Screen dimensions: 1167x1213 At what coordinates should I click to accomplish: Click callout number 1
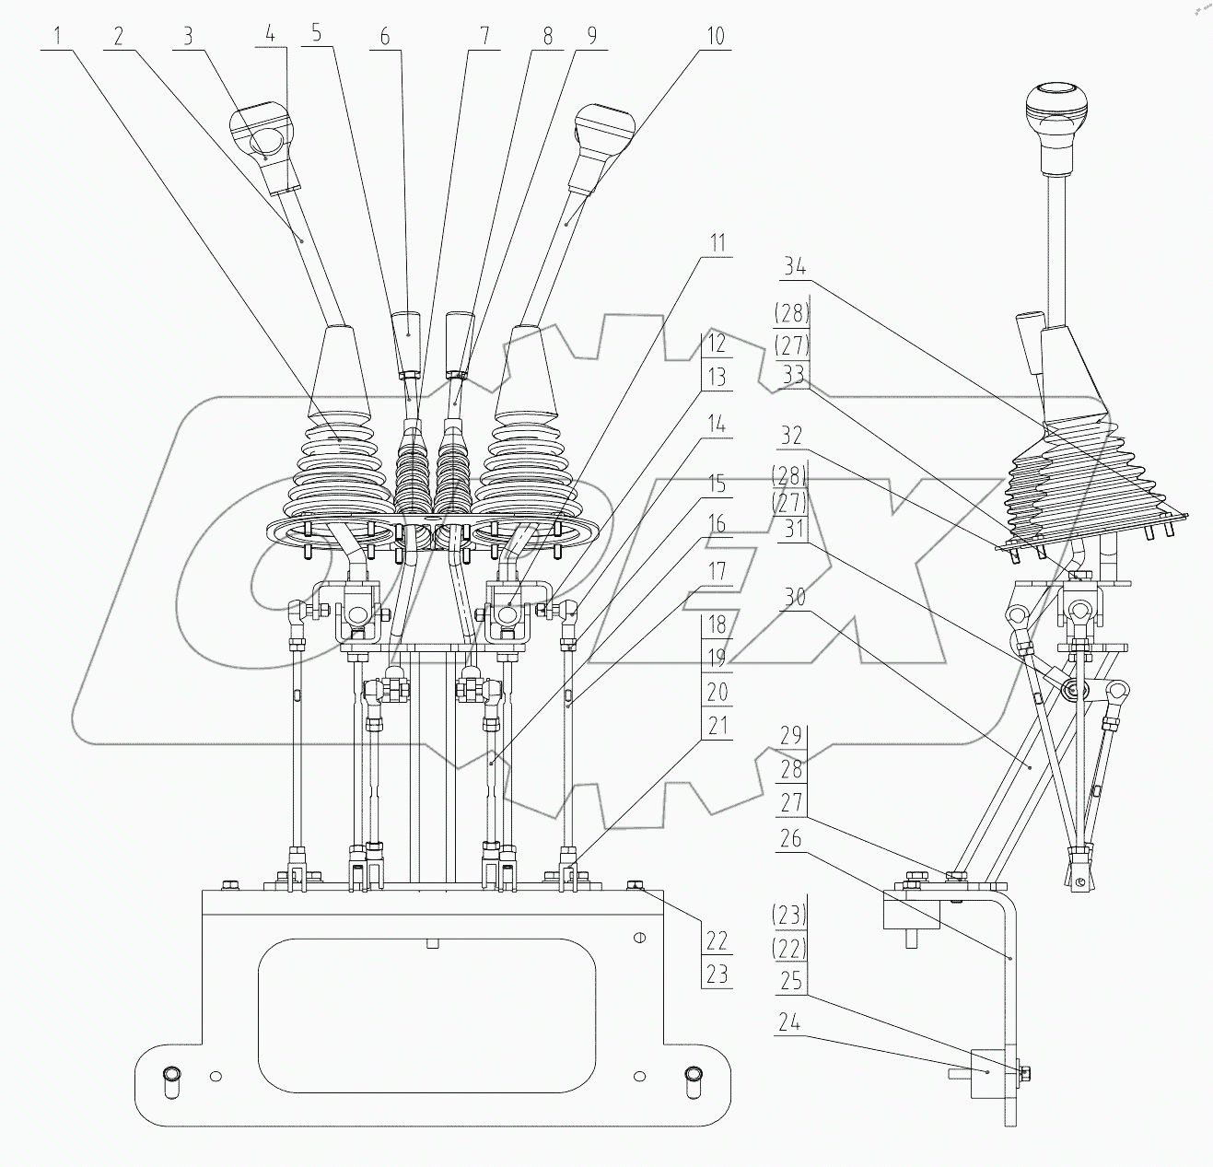[x=57, y=37]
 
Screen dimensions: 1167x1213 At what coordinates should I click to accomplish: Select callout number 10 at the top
[x=715, y=37]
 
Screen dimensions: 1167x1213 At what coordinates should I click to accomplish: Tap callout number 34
[x=794, y=268]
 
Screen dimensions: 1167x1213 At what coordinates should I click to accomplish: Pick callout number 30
[x=793, y=598]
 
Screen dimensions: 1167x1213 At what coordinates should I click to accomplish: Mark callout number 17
[x=717, y=572]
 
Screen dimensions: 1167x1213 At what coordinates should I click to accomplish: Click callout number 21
[x=717, y=726]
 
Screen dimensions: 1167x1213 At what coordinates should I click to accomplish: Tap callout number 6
[x=385, y=37]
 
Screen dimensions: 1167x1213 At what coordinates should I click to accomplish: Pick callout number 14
[x=717, y=425]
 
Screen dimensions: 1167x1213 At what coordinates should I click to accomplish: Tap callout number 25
[x=791, y=983]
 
